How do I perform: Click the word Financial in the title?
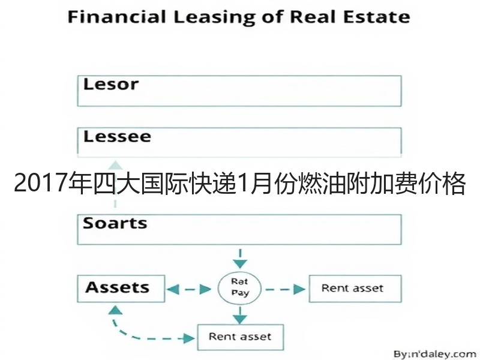pyautogui.click(x=116, y=17)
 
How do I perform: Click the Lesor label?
pyautogui.click(x=111, y=84)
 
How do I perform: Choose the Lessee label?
pyautogui.click(x=117, y=137)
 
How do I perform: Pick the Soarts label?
pyautogui.click(x=115, y=223)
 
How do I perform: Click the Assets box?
pyautogui.click(x=121, y=289)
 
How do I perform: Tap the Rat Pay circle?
pyautogui.click(x=239, y=288)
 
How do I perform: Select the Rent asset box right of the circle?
pyautogui.click(x=355, y=289)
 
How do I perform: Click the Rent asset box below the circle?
pyautogui.click(x=241, y=337)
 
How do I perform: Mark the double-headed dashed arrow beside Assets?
pyautogui.click(x=188, y=289)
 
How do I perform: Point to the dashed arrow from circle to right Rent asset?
pyautogui.click(x=285, y=289)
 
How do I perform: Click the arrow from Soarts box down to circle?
pyautogui.click(x=240, y=259)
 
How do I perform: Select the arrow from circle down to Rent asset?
pyautogui.click(x=240, y=315)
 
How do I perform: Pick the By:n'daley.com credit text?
pyautogui.click(x=434, y=354)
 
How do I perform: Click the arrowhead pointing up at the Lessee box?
pyautogui.click(x=115, y=166)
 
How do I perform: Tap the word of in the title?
pyautogui.click(x=272, y=17)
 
